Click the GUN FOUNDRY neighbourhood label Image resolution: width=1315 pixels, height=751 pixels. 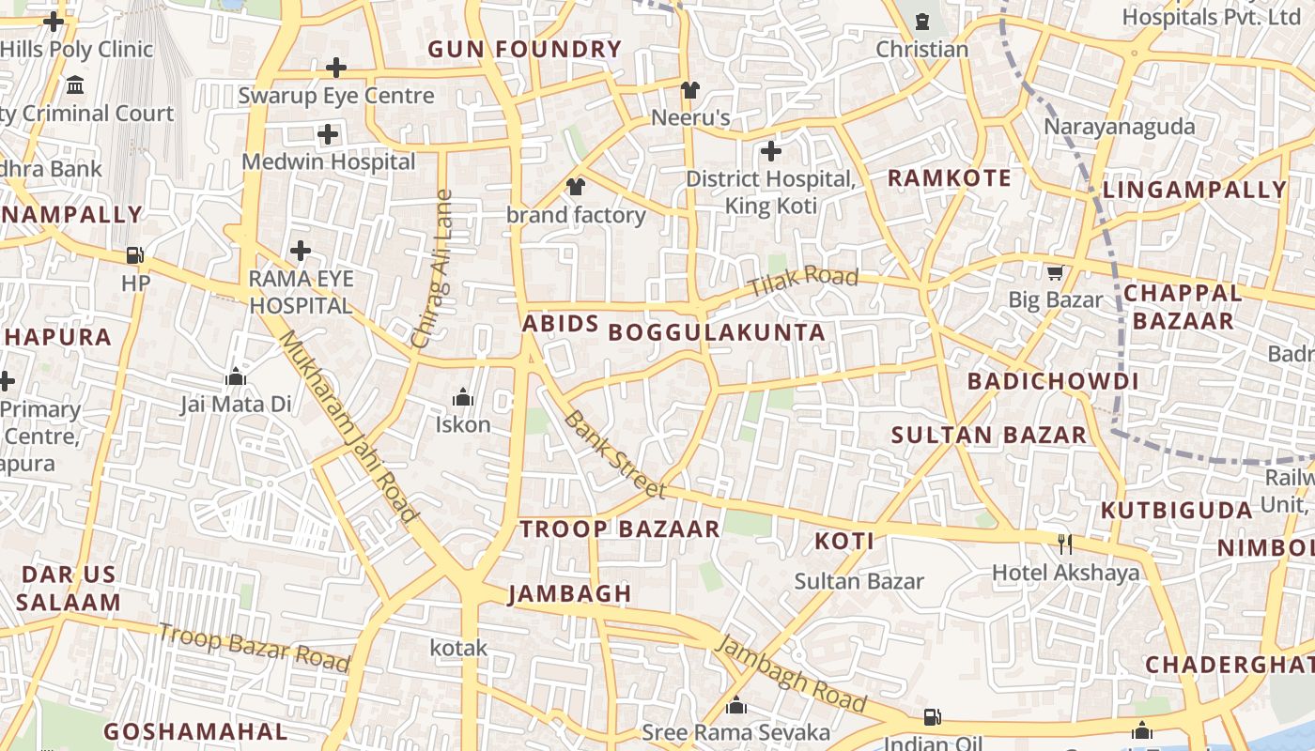[524, 50]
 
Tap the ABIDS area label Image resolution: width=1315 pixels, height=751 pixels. [560, 324]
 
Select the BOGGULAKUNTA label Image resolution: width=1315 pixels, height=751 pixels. [717, 332]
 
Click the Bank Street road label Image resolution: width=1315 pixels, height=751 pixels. [616, 454]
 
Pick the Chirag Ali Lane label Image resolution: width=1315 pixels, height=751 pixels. [433, 269]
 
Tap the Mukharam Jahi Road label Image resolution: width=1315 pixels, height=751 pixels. [348, 426]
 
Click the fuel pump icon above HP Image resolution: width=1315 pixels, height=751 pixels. [135, 255]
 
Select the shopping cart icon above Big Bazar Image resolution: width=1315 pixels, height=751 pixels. [1055, 273]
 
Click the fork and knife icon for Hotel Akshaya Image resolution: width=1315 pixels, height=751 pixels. [1065, 544]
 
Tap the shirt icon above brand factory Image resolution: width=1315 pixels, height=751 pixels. [576, 187]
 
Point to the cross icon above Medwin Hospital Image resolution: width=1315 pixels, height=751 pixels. [328, 134]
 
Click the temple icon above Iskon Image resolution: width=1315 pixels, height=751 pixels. [462, 398]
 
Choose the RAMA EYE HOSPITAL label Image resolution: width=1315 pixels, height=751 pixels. [301, 292]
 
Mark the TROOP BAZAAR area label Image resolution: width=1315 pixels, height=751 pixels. [620, 529]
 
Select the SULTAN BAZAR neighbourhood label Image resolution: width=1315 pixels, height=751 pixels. [988, 435]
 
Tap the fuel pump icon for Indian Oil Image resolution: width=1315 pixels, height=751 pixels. [932, 717]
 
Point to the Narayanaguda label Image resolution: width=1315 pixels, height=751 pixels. [1120, 127]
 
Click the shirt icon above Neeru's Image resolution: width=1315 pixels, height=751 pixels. [690, 90]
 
